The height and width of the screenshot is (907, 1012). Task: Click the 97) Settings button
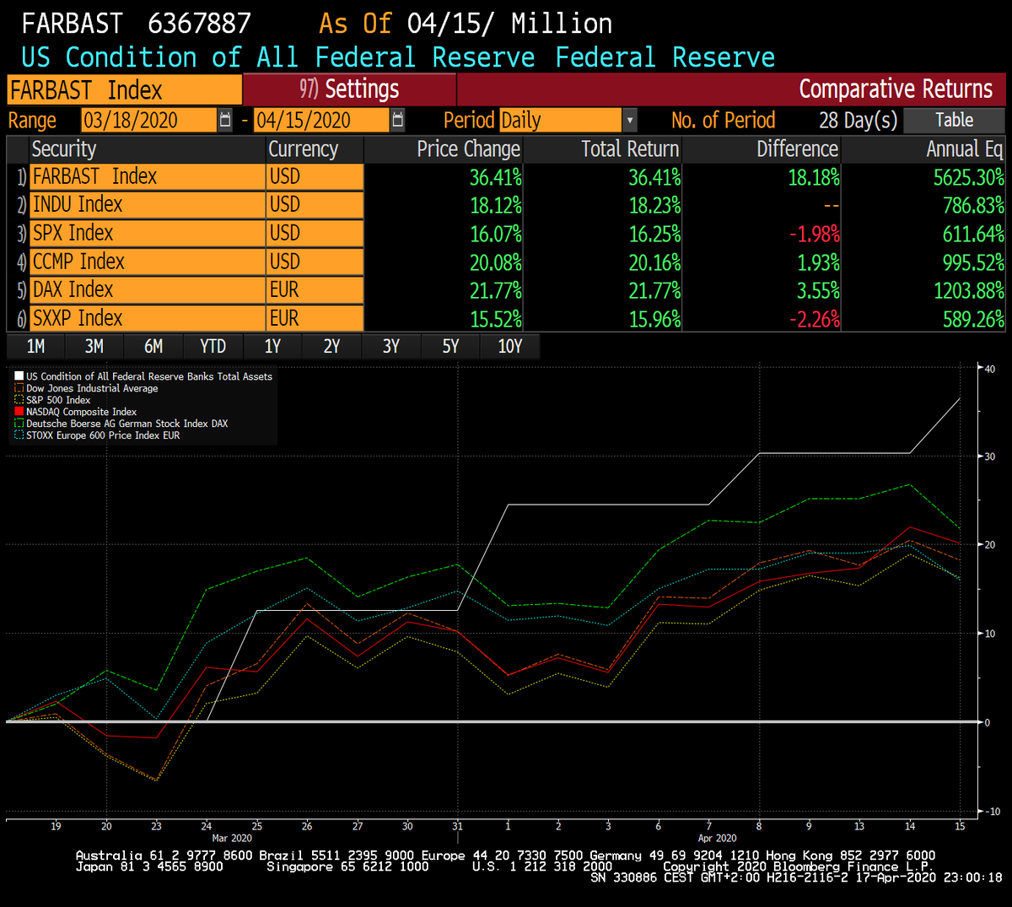click(349, 89)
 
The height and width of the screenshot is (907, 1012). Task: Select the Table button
click(954, 120)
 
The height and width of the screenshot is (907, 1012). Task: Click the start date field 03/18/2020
click(149, 120)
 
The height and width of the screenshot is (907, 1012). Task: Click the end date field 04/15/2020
click(322, 120)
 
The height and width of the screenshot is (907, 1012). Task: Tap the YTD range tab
click(213, 346)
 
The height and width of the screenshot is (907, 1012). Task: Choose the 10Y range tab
click(509, 346)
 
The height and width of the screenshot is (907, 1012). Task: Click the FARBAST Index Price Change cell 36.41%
click(495, 177)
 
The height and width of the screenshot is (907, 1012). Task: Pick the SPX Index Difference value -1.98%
click(815, 234)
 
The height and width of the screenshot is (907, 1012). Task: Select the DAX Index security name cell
click(148, 289)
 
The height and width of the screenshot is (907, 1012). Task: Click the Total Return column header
click(629, 149)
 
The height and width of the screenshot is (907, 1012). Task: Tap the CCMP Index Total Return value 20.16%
click(654, 262)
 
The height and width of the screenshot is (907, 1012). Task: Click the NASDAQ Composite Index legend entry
click(81, 412)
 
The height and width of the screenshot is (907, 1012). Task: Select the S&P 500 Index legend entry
click(58, 400)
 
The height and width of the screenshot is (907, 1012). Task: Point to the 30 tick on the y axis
click(989, 456)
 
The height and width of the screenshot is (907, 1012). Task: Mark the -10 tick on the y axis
click(992, 812)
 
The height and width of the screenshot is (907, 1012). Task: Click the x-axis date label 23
click(156, 826)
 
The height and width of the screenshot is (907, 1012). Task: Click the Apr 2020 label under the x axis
click(717, 838)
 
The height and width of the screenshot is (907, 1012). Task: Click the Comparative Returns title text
click(896, 89)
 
